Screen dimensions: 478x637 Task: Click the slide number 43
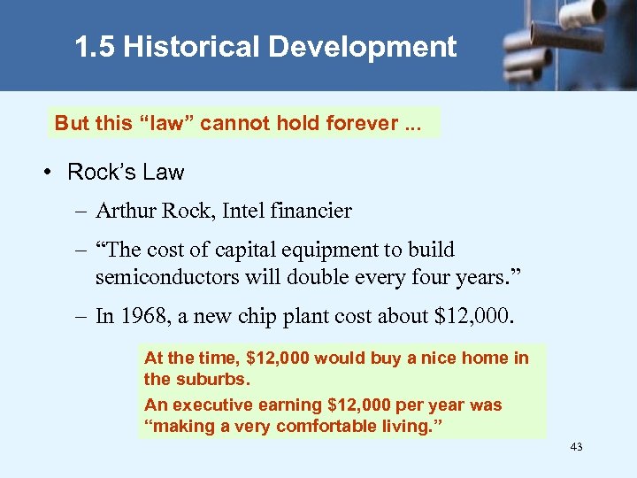point(576,447)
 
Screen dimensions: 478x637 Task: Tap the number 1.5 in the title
point(95,47)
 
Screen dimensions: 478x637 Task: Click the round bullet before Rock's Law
point(46,173)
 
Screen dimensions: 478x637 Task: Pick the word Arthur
point(124,211)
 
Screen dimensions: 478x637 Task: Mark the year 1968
point(142,317)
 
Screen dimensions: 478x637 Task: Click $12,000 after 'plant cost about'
point(473,317)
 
